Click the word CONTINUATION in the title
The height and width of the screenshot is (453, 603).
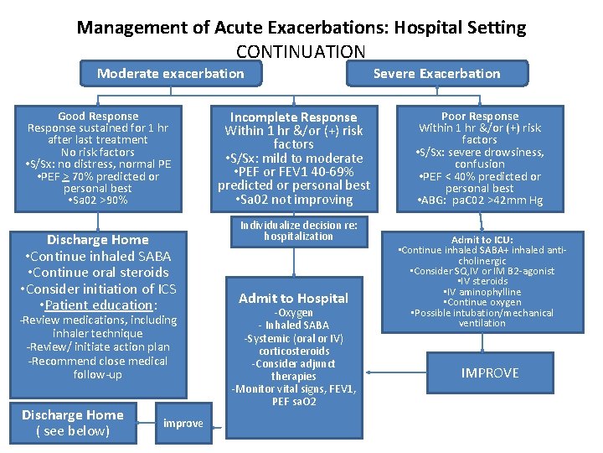301,51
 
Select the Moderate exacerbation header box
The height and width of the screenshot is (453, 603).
170,73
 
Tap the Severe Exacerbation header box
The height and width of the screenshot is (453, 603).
436,73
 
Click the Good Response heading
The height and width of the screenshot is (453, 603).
98,116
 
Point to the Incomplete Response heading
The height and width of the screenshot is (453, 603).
293,117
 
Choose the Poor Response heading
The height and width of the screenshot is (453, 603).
480,116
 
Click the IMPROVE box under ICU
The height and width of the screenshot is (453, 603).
490,372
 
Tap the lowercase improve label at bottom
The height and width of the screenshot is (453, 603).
183,423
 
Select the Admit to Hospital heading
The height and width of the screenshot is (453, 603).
293,298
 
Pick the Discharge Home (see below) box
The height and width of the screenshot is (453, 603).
73,423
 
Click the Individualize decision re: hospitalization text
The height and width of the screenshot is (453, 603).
298,231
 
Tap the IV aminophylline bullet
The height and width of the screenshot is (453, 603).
483,292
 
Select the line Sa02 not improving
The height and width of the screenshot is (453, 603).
293,199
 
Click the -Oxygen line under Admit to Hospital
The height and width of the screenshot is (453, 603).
293,313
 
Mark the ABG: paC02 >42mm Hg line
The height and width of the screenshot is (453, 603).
480,200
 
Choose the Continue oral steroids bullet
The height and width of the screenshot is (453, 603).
98,272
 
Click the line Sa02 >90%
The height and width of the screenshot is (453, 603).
98,200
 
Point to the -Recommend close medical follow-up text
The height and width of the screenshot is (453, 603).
98,367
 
